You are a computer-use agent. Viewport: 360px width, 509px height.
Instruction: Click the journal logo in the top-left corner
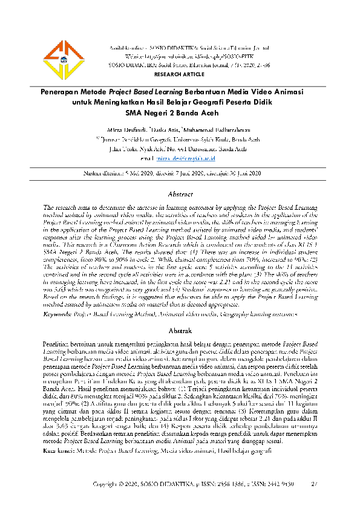click(x=62, y=60)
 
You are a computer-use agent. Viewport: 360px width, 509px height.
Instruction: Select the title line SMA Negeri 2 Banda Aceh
click(x=180, y=112)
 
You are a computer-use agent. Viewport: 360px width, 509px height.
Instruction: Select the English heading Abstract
click(x=180, y=195)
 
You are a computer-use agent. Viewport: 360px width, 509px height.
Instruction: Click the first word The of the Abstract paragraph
click(x=49, y=207)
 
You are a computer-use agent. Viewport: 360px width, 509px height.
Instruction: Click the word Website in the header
click(x=135, y=54)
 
